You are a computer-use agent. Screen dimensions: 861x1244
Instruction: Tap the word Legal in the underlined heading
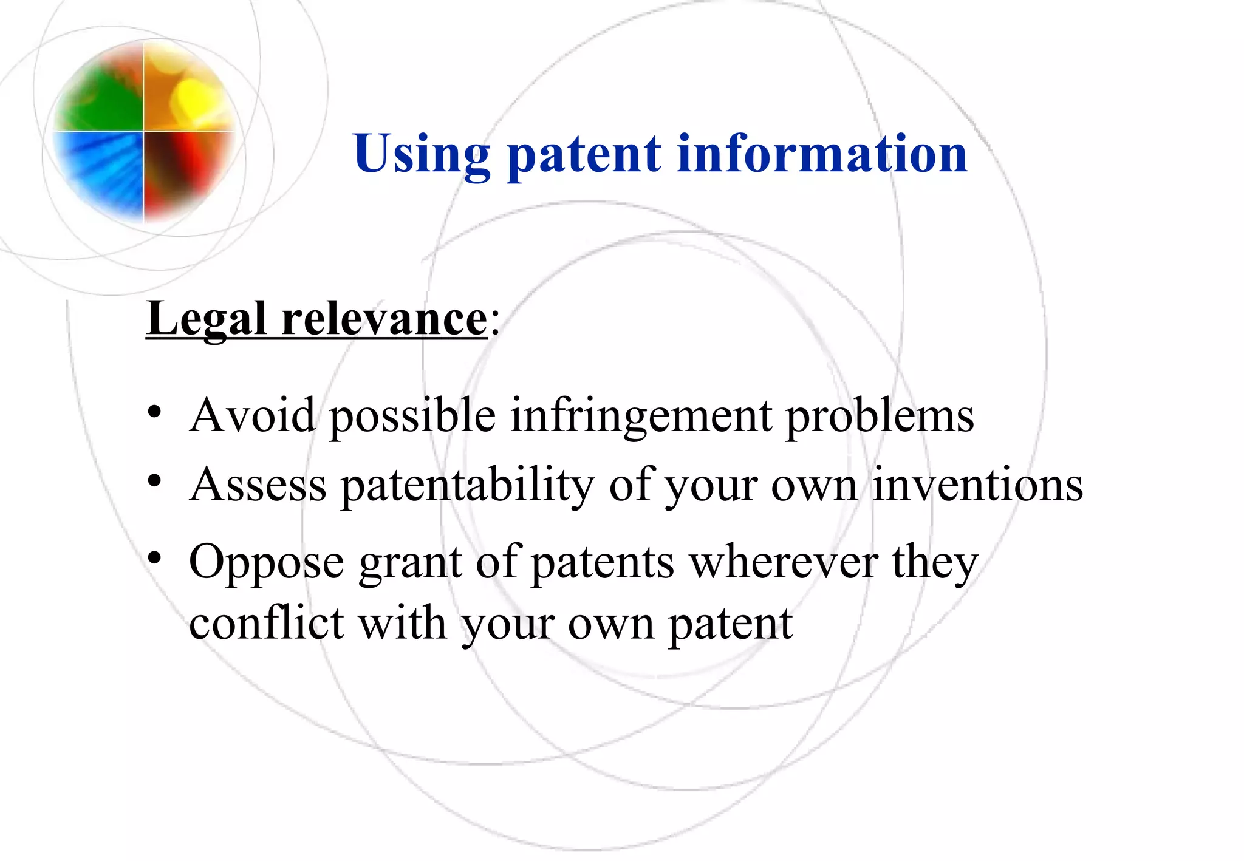coord(207,319)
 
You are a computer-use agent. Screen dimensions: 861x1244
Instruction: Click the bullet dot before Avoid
coord(154,412)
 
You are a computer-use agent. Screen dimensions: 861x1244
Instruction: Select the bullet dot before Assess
coord(154,481)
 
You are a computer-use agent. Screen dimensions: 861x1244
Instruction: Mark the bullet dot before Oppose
coord(154,557)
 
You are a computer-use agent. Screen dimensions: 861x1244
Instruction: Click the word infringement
coord(640,417)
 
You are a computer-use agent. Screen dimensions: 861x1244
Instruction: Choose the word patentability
coord(467,486)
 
